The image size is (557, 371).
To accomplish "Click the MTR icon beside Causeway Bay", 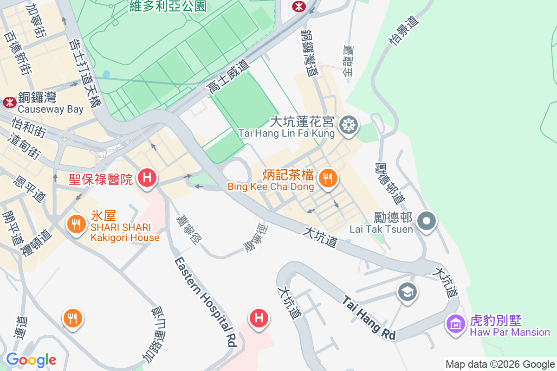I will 9,102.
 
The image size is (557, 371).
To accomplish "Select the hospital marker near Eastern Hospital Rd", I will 259,318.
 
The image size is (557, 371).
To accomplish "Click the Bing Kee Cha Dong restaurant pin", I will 328,178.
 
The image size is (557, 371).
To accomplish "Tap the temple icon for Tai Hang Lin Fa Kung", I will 347,124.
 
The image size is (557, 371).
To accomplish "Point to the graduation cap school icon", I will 407,292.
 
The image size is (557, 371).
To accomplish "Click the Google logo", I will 31,360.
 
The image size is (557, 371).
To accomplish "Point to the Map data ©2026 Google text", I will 500,364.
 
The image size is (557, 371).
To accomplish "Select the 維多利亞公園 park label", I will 168,6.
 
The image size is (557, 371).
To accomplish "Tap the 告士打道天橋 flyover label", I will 84,72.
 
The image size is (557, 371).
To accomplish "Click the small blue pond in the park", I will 106,74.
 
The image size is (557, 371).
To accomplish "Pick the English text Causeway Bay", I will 51,109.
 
